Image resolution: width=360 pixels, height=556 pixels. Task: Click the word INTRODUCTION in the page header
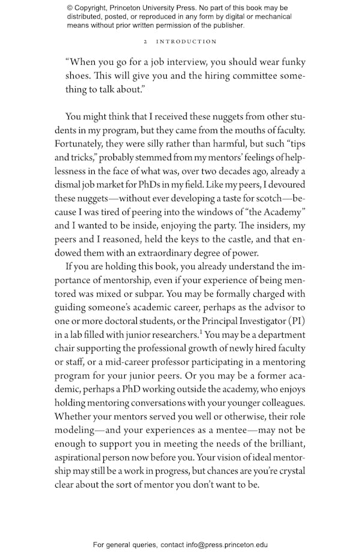[187, 42]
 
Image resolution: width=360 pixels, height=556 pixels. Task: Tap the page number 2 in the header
[146, 42]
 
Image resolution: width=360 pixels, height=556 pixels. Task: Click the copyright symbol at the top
[70, 8]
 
